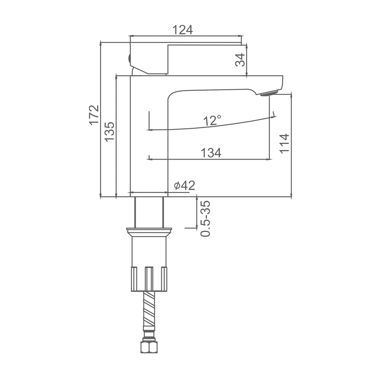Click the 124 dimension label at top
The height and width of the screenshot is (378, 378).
point(183,30)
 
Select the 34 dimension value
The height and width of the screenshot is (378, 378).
point(240,60)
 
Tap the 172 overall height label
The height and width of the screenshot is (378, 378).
point(94,115)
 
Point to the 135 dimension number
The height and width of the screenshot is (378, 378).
point(110,132)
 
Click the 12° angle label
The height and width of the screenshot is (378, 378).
point(212,120)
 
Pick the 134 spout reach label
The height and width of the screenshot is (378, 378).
point(211,153)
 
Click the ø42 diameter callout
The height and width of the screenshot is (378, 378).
point(184,186)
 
